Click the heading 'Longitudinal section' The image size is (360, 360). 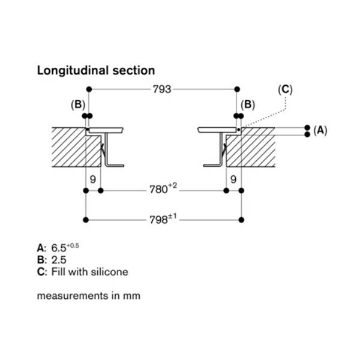pos(96,70)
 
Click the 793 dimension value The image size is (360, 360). pos(162,89)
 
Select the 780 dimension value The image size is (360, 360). pos(163,190)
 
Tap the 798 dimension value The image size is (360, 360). pos(163,220)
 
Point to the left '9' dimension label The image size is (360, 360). pos(93,179)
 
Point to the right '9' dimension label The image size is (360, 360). pos(233,179)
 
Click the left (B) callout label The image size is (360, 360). pos(78,104)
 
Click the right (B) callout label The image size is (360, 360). pos(248,104)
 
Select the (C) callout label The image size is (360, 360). pos(286,89)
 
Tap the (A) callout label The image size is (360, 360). pos(320,130)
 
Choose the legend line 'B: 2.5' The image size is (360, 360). pos(51,260)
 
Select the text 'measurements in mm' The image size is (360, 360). pos(88,296)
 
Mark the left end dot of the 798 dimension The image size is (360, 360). pos(88,220)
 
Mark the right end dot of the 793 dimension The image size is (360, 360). pos(238,89)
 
